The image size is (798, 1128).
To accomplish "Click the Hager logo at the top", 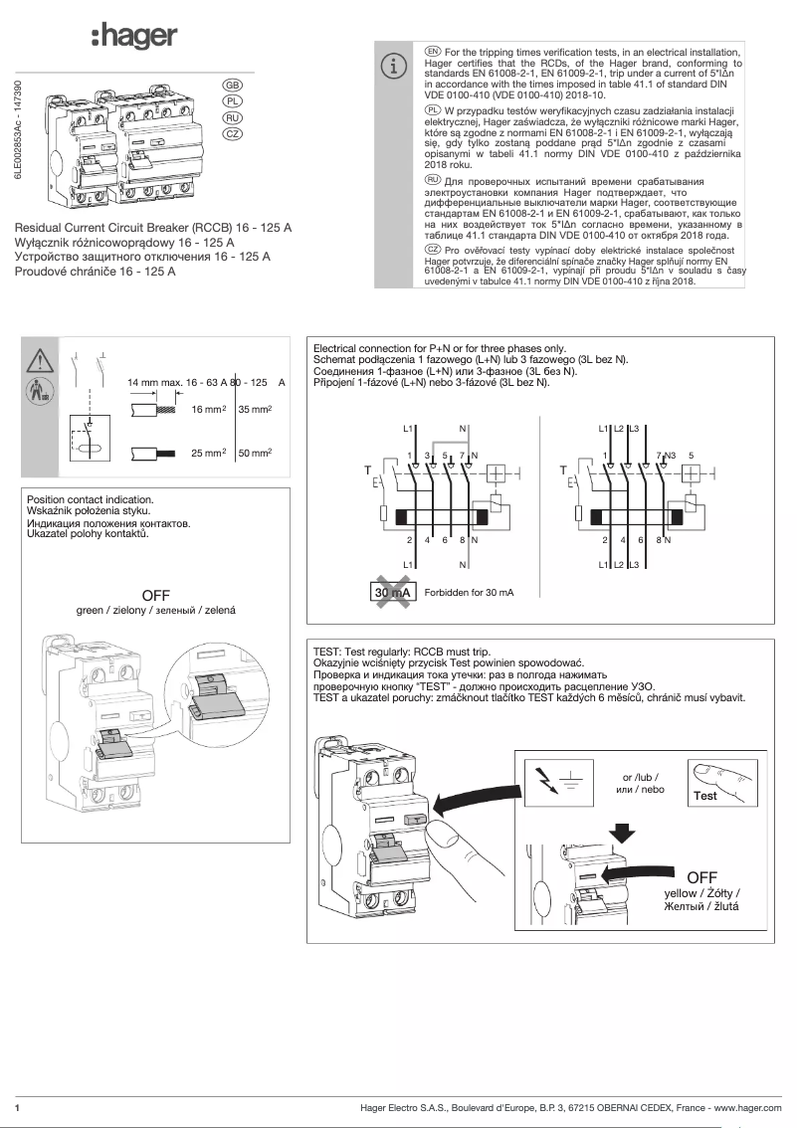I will point(134,37).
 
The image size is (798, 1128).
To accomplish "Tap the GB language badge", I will point(232,86).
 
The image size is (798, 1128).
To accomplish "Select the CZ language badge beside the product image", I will point(232,133).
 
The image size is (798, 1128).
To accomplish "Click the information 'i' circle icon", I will point(395,66).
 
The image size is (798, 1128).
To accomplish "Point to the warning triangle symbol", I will point(40,359).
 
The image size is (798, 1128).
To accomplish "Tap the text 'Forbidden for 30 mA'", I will point(469,593).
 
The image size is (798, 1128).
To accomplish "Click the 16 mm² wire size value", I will point(210,409).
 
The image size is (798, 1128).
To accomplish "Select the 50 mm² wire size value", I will point(256,453).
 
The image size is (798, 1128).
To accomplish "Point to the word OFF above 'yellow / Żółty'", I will point(701,876).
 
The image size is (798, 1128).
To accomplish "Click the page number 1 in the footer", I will point(18,1107).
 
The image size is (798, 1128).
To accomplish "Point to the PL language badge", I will point(232,101).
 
